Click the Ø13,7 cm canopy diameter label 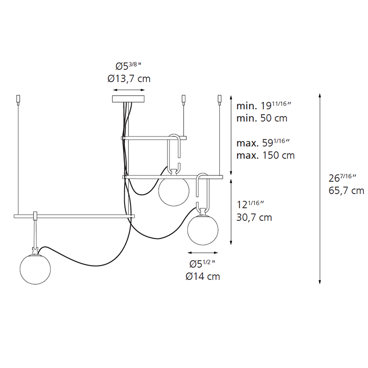point(129,79)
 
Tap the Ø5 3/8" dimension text point(128,65)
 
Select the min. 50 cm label point(262,118)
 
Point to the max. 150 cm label point(265,155)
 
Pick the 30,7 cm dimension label point(254,217)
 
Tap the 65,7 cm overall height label point(345,190)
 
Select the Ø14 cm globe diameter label point(202,276)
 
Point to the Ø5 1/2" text point(202,264)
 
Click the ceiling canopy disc point(128,98)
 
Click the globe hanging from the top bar point(173,190)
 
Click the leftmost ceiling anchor point(18,99)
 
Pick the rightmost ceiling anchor point(219,99)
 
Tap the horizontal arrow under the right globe point(202,253)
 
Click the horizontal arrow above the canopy point(128,90)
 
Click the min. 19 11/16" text point(264,106)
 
